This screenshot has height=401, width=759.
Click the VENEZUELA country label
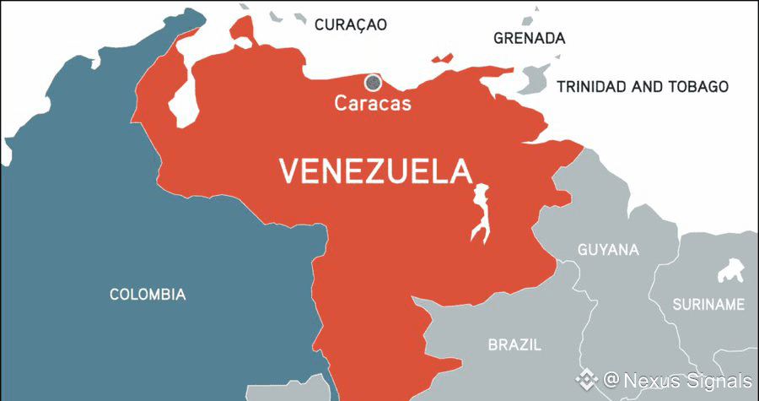tap(374, 171)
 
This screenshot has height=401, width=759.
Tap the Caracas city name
tap(372, 104)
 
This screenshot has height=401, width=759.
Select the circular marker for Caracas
tap(372, 82)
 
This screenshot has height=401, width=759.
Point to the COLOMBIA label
tap(148, 295)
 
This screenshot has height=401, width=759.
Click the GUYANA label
tap(608, 250)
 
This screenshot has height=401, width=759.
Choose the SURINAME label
tap(708, 304)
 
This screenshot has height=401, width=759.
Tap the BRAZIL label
tap(514, 344)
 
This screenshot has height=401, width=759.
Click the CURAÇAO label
tap(350, 24)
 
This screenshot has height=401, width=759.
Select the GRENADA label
tap(529, 39)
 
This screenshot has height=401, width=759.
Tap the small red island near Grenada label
tap(441, 58)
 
